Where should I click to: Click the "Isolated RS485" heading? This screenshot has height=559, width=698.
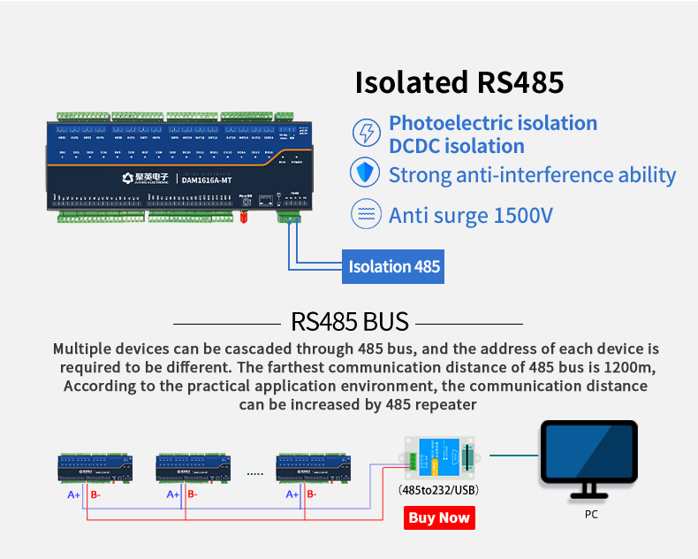[459, 82]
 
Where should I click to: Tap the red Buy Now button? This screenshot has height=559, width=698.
[439, 517]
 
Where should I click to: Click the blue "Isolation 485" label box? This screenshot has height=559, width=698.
[394, 266]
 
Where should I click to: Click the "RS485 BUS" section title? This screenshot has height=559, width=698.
[349, 320]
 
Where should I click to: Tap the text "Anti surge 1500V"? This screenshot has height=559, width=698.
[470, 215]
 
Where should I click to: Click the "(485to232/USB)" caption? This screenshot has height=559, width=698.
[439, 489]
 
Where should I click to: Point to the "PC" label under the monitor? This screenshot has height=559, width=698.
[591, 514]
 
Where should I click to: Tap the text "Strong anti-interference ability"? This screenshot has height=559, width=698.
[532, 174]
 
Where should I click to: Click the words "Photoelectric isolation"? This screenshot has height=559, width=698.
[493, 123]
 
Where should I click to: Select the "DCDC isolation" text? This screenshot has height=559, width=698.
[457, 146]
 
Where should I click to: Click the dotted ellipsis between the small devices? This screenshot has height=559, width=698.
[255, 474]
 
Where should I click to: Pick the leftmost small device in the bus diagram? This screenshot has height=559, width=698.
[95, 469]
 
